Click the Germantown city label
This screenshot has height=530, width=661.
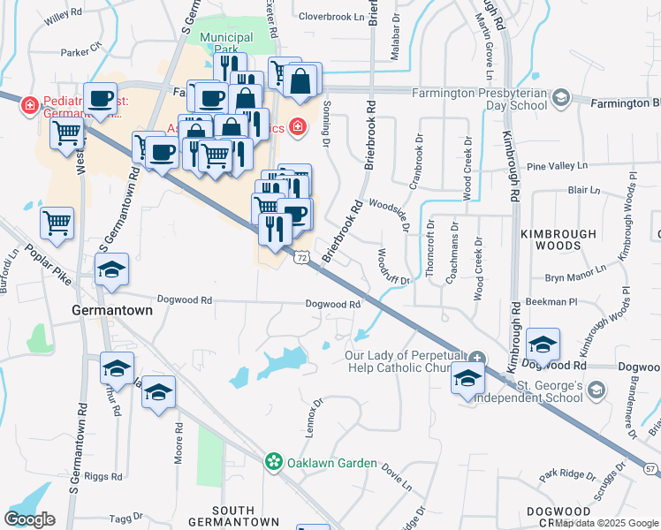coord(111,311)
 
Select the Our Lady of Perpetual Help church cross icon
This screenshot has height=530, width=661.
coord(476,358)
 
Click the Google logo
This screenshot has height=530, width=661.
coord(29,519)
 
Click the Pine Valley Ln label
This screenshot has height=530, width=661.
coord(556,166)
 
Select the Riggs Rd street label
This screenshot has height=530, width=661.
coord(103,476)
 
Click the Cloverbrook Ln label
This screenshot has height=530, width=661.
coord(331,16)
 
